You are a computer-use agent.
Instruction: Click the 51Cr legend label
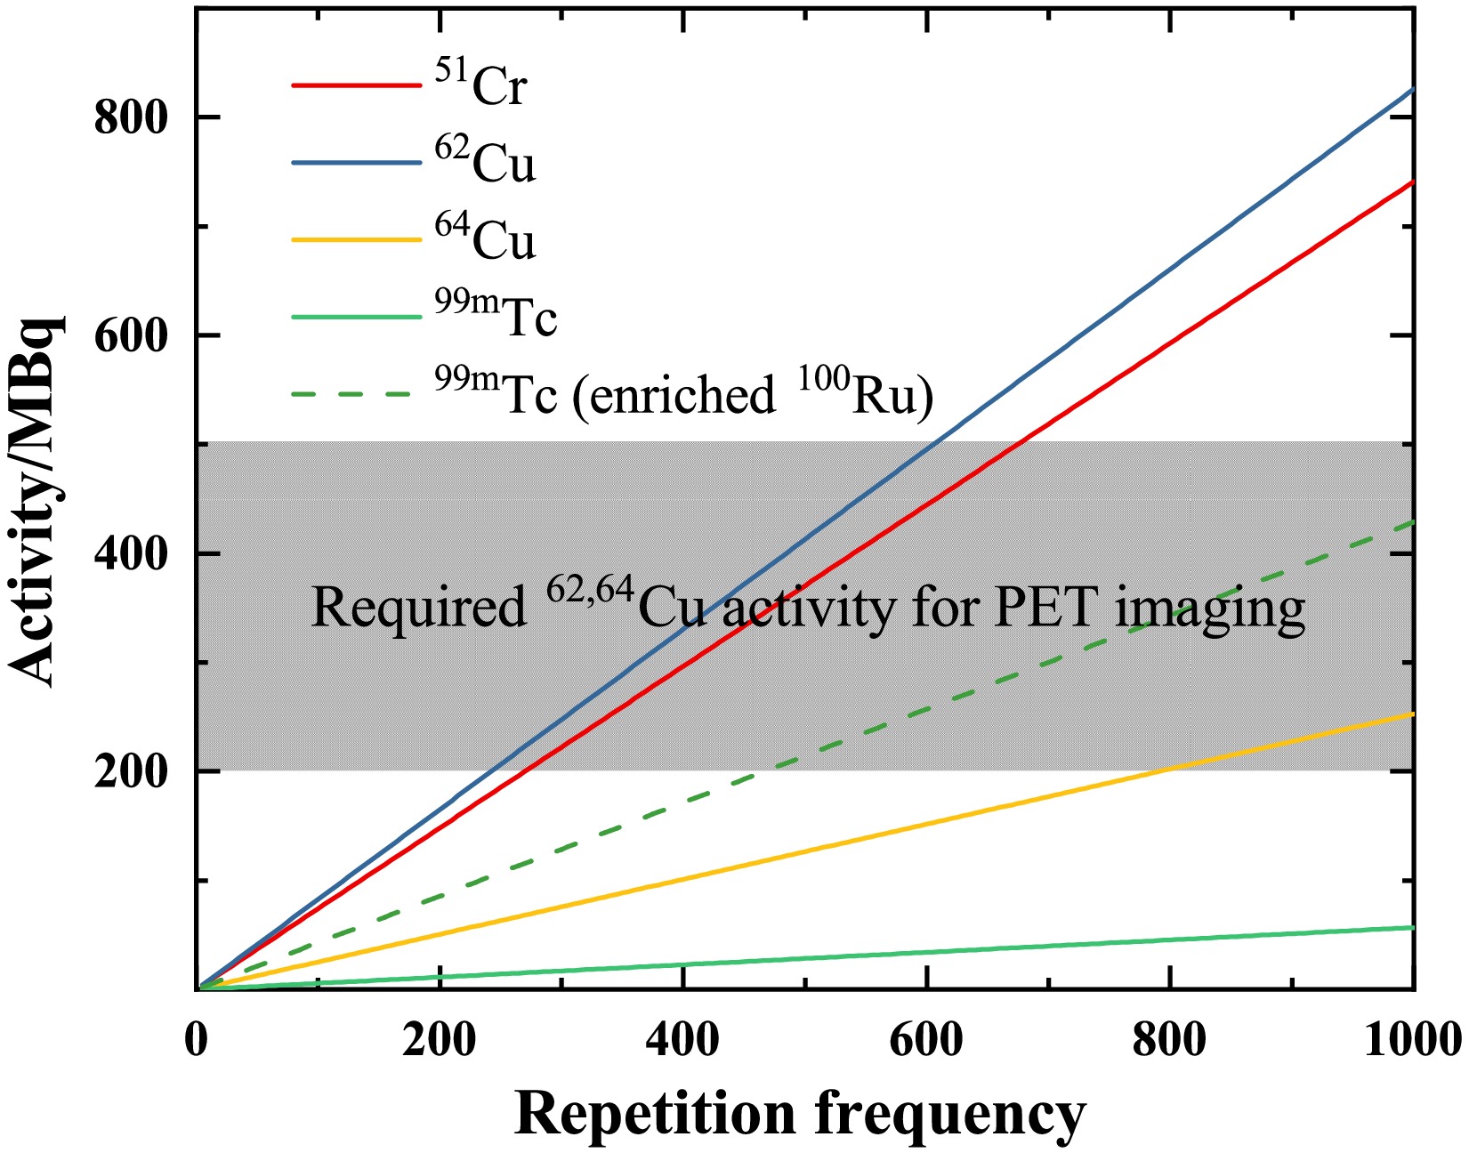click(480, 85)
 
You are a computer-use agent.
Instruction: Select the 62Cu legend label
click(485, 162)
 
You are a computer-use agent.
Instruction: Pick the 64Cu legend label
click(485, 238)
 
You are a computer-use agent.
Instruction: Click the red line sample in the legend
click(356, 85)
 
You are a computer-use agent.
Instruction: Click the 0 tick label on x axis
click(197, 1040)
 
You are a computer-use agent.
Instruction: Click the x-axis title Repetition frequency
click(800, 1113)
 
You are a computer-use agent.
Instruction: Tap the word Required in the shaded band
click(418, 609)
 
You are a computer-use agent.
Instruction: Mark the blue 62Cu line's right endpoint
click(1413, 89)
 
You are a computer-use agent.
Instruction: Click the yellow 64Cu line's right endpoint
click(1413, 714)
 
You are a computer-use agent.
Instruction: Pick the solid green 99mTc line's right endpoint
click(1413, 928)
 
